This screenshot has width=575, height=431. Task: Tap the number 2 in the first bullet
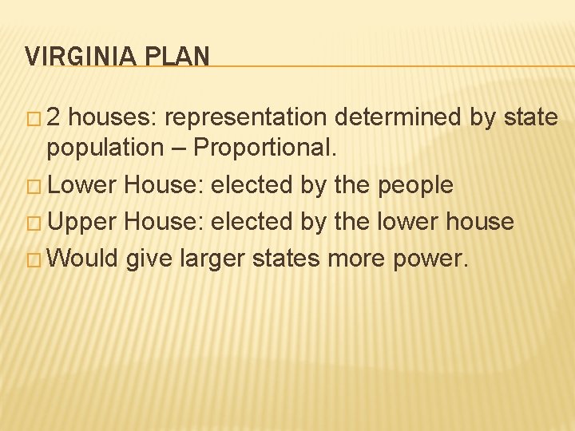point(54,118)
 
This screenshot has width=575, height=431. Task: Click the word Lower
point(82,185)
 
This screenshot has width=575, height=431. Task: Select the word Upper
point(82,222)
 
